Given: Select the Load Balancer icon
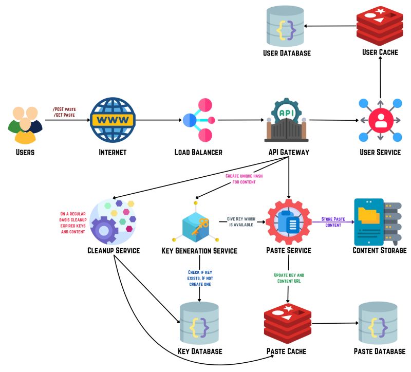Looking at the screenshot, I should [198, 120].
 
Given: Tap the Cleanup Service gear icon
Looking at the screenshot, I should [113, 221].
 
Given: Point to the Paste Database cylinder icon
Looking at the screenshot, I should [379, 323].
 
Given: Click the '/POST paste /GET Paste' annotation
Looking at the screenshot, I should [64, 112].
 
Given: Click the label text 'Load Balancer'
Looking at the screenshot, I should [198, 152].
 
